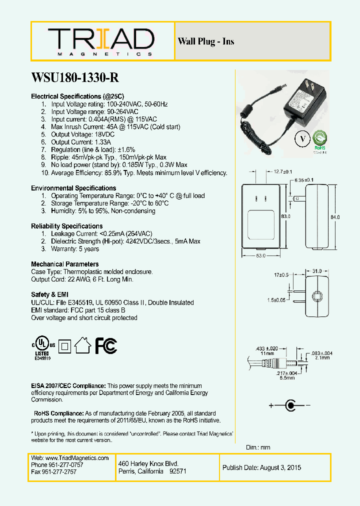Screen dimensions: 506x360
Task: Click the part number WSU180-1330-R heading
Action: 75,78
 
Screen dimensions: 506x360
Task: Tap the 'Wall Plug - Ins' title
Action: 206,41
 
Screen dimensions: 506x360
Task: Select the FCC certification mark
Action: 106,345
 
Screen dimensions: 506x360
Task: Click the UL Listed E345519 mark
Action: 42,346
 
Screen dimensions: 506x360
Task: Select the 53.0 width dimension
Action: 258,256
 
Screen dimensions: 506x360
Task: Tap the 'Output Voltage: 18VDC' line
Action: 82,134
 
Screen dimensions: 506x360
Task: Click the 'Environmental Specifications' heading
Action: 73,188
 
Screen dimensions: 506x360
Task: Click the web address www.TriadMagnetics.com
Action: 70,458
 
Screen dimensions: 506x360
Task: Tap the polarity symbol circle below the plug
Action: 289,405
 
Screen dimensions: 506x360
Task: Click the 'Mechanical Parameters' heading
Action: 65,264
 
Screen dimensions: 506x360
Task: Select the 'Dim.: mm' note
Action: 258,447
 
